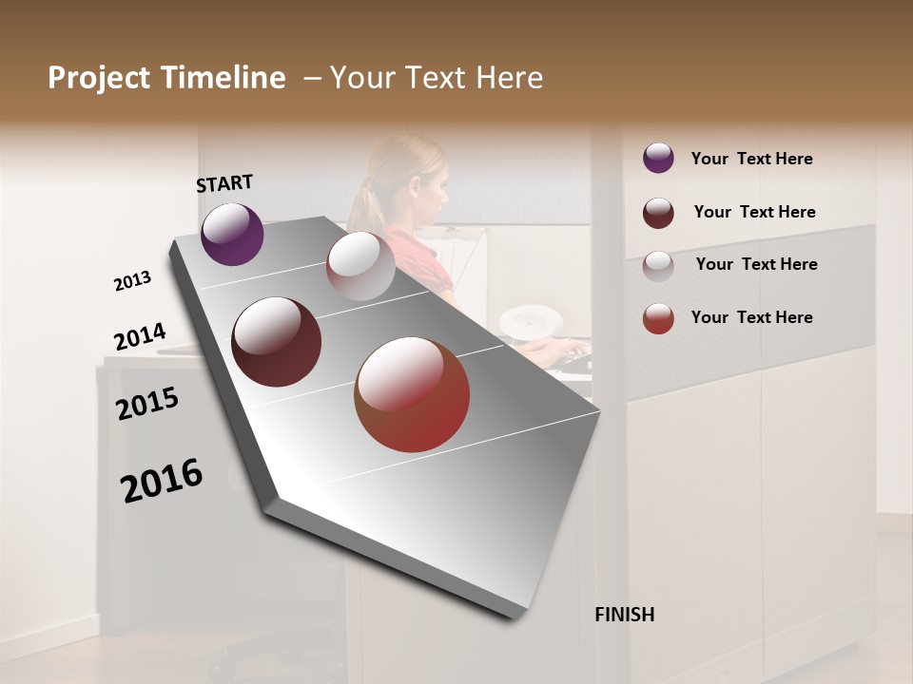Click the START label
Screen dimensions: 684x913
224,183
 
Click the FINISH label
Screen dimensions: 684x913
624,615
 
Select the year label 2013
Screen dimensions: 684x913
132,281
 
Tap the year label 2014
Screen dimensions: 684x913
140,337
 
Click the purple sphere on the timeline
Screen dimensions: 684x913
232,234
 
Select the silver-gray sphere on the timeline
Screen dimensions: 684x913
360,266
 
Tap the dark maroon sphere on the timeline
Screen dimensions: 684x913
277,342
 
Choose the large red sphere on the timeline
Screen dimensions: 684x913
412,394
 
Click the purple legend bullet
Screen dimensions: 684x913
658,158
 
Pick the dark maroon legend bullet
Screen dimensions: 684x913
658,213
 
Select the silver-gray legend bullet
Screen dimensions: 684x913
658,265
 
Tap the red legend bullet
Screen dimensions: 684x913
658,317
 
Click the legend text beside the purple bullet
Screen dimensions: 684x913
751,159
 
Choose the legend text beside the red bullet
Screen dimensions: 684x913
751,317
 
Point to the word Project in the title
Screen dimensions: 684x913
99,78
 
